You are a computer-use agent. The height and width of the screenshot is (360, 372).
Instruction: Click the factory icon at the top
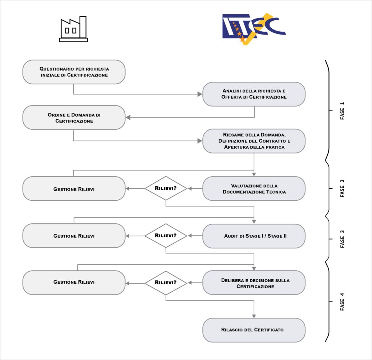pos(73,29)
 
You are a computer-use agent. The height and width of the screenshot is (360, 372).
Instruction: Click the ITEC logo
pos(254,28)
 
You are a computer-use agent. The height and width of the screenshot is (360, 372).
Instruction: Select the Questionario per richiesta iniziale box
pos(74,72)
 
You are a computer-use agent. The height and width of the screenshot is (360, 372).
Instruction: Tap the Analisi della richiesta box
pos(254,94)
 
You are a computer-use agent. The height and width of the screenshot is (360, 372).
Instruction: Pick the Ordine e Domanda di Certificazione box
pos(74,117)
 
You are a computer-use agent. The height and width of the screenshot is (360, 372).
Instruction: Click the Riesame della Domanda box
pos(254,141)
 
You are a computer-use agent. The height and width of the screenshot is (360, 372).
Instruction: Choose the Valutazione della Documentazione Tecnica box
pos(254,188)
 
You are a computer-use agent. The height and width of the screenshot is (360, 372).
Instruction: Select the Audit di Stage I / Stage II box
pos(254,236)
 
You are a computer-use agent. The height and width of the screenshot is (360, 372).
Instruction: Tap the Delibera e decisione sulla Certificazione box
pos(254,283)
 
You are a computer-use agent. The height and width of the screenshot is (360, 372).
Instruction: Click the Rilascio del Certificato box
pos(254,330)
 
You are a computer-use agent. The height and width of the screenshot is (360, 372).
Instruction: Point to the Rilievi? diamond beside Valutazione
pos(166,188)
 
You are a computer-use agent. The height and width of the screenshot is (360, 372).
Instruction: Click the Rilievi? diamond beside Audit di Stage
pos(166,236)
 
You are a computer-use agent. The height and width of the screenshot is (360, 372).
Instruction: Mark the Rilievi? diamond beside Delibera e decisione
pos(166,283)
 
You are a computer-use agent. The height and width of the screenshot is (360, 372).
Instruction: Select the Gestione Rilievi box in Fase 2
pos(74,188)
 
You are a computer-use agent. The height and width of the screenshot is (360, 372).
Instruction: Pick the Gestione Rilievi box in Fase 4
pos(74,283)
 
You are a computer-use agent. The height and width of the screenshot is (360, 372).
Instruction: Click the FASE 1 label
pos(342,111)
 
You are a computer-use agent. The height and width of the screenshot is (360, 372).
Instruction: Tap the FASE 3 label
pos(342,239)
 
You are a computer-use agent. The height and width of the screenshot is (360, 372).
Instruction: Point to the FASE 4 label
pos(342,301)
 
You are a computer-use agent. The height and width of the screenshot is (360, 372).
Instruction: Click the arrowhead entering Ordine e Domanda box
pos(128,117)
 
